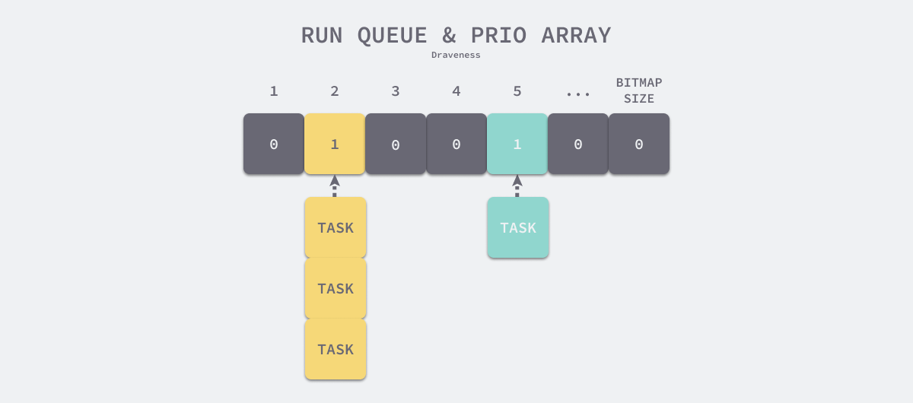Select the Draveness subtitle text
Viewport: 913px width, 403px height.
456,55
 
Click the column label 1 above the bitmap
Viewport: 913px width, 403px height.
274,91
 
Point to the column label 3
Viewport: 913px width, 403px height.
396,91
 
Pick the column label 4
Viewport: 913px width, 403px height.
456,91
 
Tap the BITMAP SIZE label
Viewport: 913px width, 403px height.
639,90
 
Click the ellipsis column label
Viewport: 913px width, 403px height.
578,93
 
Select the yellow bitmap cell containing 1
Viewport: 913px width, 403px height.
335,144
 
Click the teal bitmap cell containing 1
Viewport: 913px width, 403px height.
517,144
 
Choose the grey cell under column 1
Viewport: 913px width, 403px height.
274,144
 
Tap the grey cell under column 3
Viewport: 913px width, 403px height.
396,144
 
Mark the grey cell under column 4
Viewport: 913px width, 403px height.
456,144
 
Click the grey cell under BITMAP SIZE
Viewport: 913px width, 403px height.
639,144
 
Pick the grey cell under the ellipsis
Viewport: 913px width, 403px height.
578,144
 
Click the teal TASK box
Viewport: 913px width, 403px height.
518,227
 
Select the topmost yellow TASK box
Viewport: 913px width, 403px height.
336,227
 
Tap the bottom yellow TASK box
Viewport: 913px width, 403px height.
336,349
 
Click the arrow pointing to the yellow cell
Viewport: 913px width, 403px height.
335,186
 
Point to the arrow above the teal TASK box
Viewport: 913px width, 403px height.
517,186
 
